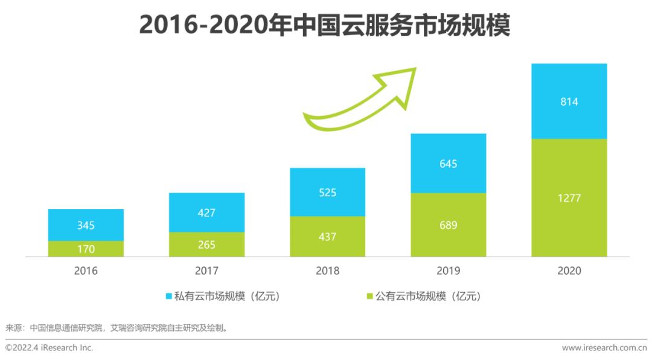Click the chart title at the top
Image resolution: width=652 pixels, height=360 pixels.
coord(325,25)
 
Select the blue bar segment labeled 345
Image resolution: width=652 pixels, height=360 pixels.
coord(86,225)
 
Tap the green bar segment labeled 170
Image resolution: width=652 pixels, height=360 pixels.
coord(86,248)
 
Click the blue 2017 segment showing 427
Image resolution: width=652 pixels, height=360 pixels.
coord(206,212)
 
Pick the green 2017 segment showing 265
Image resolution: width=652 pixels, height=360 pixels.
coord(206,244)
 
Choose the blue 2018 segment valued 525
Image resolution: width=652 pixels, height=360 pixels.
coord(327,192)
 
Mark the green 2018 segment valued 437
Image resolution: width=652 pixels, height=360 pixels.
coord(327,236)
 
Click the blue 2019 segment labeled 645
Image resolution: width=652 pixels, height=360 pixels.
coord(448,163)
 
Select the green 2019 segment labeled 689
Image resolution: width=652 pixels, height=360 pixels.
coord(448,225)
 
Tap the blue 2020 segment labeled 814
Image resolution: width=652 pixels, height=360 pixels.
coord(569,101)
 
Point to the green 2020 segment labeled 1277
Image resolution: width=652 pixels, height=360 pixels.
coord(569,198)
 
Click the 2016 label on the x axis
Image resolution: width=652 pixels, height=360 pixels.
coord(86,271)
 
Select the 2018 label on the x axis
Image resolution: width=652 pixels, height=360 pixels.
coord(327,271)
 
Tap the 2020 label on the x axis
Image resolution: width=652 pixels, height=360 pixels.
coord(569,271)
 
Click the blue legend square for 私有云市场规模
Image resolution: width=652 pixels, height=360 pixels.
coord(169,297)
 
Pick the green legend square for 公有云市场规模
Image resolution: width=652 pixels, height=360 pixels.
coord(369,297)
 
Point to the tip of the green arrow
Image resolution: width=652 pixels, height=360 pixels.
coord(415,68)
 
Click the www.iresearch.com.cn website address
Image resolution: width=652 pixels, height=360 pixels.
coord(604,348)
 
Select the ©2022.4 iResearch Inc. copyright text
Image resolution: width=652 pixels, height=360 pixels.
coord(50,348)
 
